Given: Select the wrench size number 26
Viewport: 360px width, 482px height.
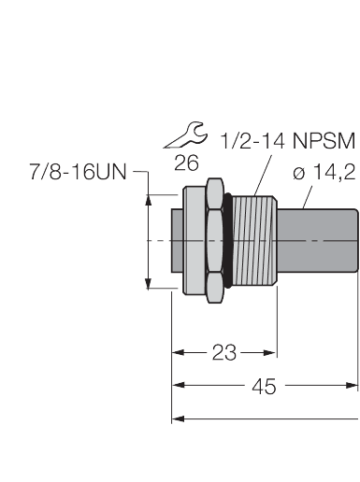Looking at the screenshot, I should pyautogui.click(x=186, y=162).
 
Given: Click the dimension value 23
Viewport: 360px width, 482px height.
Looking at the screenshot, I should pyautogui.click(x=223, y=352).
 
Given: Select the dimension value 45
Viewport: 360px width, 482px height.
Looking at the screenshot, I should pyautogui.click(x=265, y=386).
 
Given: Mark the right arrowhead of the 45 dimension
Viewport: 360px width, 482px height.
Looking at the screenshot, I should pyautogui.click(x=354, y=385).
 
